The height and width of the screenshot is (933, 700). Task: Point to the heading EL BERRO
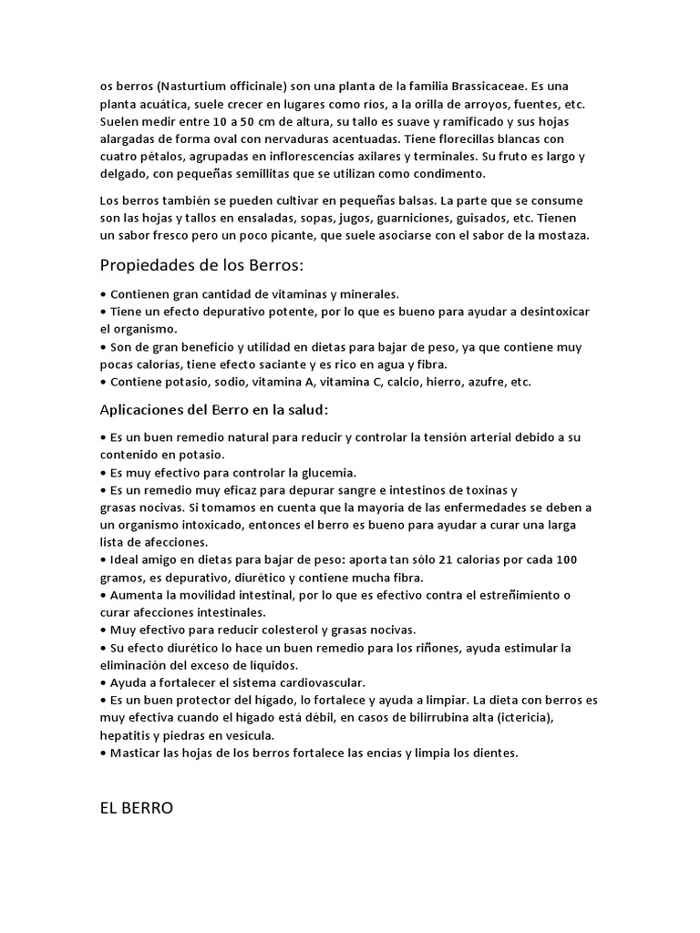click(x=137, y=808)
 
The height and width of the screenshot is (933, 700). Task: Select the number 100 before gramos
click(x=566, y=559)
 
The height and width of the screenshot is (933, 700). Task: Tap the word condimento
click(x=448, y=173)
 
